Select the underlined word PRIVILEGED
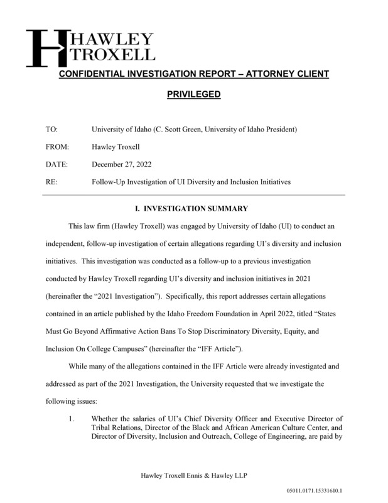point(193,95)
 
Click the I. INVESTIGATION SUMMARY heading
point(193,208)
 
